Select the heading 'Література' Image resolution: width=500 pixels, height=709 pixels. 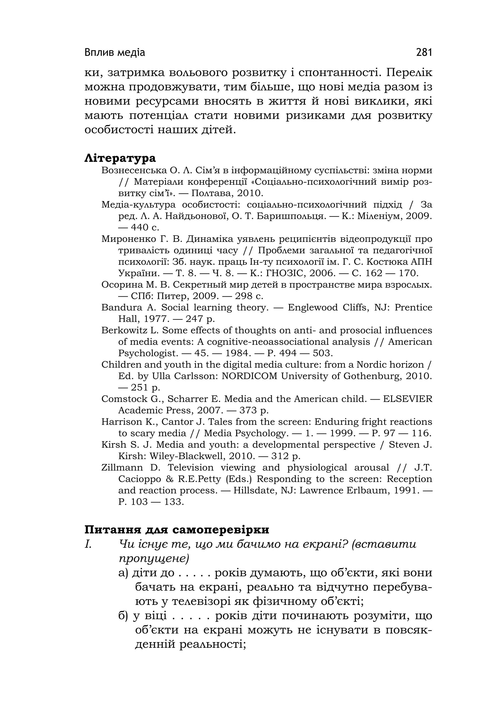(x=120, y=158)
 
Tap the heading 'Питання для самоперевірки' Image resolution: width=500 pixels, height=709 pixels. (x=177, y=529)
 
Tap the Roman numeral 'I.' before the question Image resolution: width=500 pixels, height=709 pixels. (x=88, y=544)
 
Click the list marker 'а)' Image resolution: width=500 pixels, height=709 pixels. (x=123, y=573)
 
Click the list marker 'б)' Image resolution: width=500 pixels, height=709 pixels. (x=123, y=616)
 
